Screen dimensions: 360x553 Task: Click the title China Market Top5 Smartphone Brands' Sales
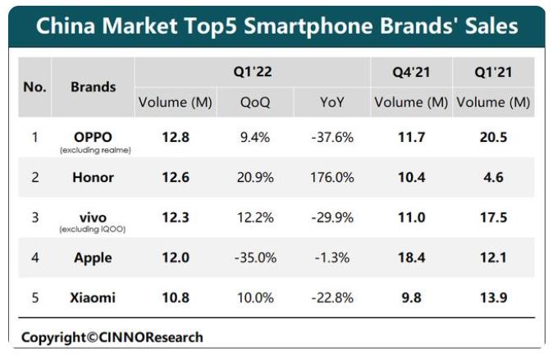276,26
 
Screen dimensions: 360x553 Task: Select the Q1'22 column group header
252,72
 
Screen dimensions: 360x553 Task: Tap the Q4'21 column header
410,72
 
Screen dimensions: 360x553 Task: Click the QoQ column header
255,103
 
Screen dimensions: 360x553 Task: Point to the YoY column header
332,103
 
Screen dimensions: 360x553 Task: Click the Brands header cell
93,86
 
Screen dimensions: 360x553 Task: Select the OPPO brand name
93,136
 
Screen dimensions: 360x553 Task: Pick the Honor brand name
93,177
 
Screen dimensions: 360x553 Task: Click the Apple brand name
93,257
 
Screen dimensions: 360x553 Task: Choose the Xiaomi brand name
93,297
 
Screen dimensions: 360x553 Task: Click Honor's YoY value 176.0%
332,177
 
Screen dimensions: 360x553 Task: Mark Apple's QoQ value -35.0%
254,257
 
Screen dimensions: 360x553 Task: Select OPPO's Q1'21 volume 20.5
493,137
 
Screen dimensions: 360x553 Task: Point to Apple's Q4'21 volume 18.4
410,257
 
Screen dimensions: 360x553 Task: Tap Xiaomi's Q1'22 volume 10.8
174,297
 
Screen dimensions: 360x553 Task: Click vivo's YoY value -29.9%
332,217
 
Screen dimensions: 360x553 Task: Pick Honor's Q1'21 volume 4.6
493,177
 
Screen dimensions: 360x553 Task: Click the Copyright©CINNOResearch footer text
112,337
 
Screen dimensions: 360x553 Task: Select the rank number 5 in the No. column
34,297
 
